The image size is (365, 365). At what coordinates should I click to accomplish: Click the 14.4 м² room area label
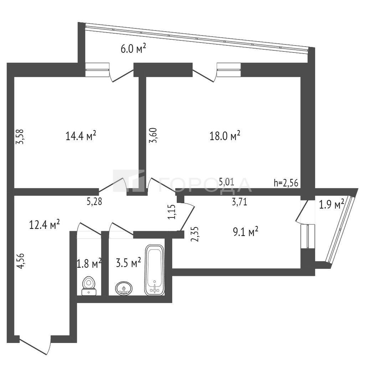click(x=81, y=135)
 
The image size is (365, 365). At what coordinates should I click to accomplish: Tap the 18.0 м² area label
click(x=225, y=135)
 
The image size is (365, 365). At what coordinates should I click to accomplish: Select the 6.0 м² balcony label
click(x=133, y=49)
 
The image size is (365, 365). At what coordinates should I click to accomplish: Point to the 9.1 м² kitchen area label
click(x=246, y=232)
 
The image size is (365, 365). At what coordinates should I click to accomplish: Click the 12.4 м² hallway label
click(x=45, y=225)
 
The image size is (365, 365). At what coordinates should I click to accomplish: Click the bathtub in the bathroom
click(x=154, y=270)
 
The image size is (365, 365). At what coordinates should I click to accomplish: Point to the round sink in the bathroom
click(x=124, y=288)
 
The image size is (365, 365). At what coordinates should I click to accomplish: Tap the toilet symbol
click(x=89, y=286)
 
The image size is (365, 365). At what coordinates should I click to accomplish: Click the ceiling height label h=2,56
click(x=286, y=183)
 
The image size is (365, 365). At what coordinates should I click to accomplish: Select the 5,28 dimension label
click(x=94, y=202)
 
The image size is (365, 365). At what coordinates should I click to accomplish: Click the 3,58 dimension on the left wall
click(x=20, y=137)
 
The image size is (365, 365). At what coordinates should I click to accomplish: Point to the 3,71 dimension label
click(x=240, y=202)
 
